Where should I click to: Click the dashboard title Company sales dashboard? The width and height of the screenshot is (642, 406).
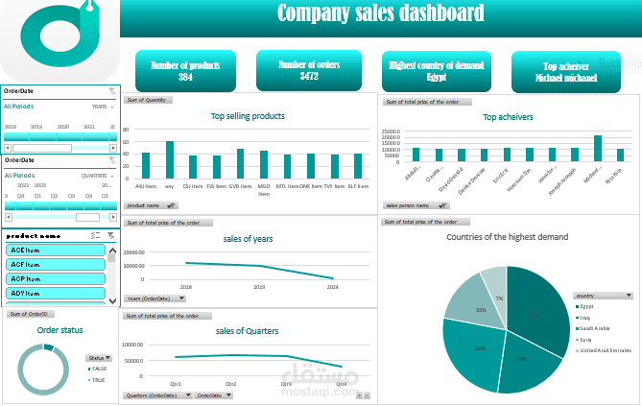point(380,13)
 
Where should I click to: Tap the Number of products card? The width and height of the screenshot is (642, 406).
point(185,70)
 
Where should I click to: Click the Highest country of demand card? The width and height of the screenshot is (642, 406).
point(436,70)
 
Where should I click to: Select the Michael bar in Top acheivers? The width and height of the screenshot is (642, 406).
point(598,148)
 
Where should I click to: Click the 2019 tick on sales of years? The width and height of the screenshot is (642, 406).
point(259,286)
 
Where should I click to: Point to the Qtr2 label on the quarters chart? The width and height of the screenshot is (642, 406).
point(231,383)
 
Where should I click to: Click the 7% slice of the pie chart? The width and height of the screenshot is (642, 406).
point(494,282)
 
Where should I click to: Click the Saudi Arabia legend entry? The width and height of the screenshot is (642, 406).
point(598,328)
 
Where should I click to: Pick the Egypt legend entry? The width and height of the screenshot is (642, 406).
point(586,306)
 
